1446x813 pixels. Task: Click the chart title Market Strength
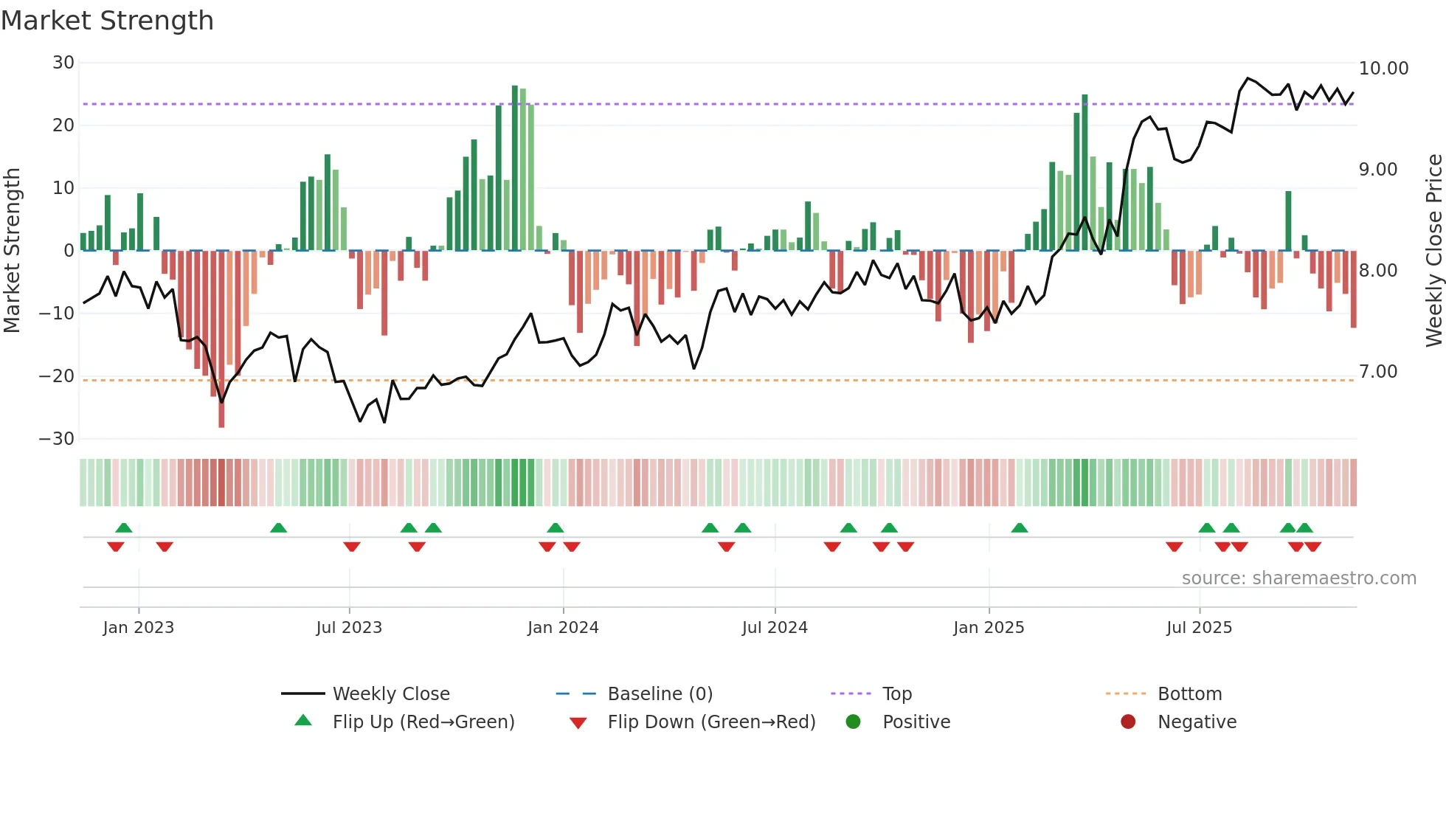click(x=107, y=21)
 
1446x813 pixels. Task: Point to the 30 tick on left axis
click(x=63, y=63)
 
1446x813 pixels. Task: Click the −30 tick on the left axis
click(x=57, y=439)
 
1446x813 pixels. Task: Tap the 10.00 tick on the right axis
click(x=1383, y=69)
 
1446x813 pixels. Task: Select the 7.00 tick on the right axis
click(x=1378, y=372)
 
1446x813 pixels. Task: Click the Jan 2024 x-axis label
click(x=563, y=628)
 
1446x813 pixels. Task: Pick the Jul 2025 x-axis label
click(x=1199, y=628)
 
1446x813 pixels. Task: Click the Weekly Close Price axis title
click(x=1433, y=251)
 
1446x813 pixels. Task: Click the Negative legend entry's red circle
click(x=1128, y=722)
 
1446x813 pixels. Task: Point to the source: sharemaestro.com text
click(x=1298, y=578)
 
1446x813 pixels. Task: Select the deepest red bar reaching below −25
click(x=221, y=339)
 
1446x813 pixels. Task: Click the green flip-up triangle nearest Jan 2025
click(x=1020, y=528)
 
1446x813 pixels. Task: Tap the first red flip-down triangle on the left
click(x=116, y=547)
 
